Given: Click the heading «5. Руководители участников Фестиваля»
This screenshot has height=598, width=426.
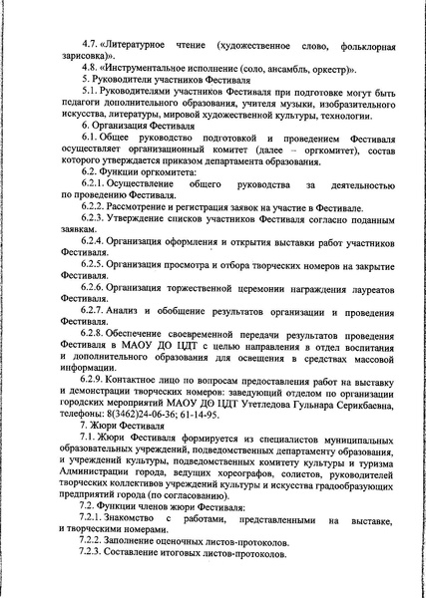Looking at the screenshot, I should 170,88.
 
